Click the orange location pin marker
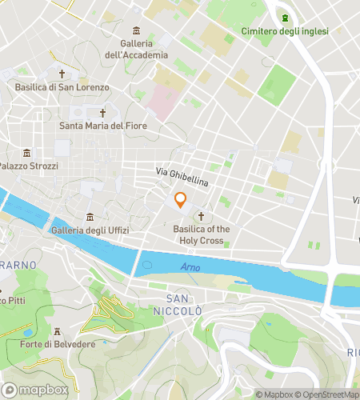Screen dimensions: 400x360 181,201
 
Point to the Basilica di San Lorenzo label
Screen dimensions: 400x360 62,87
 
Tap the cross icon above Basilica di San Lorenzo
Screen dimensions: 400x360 62,74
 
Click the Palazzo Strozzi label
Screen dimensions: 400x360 29,166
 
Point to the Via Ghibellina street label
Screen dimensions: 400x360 182,178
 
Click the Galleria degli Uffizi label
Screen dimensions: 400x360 88,231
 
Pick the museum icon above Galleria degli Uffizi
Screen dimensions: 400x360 89,218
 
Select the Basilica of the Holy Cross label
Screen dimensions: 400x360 202,234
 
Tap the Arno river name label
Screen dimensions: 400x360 190,267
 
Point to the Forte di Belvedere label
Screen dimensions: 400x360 55,345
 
